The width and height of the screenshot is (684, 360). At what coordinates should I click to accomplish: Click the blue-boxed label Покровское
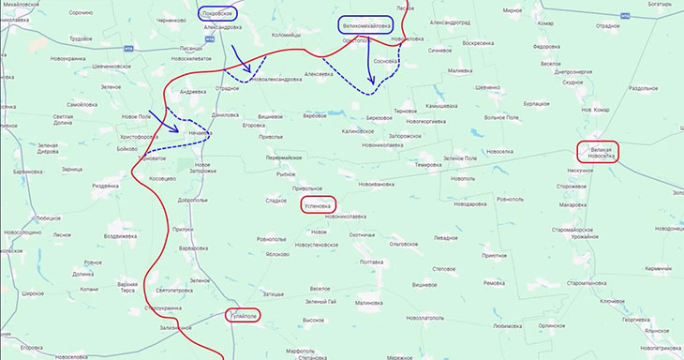click(x=217, y=13)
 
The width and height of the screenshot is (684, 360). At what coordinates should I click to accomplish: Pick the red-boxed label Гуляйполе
click(x=245, y=316)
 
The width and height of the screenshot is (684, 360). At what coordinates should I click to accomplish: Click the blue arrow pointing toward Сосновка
click(x=366, y=68)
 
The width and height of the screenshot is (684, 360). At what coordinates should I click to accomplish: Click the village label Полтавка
click(x=372, y=262)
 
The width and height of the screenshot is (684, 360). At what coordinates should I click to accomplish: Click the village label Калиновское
click(x=358, y=131)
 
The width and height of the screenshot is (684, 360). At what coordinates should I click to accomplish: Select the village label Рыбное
click(x=287, y=174)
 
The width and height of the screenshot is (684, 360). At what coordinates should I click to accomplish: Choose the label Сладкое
click(x=276, y=200)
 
